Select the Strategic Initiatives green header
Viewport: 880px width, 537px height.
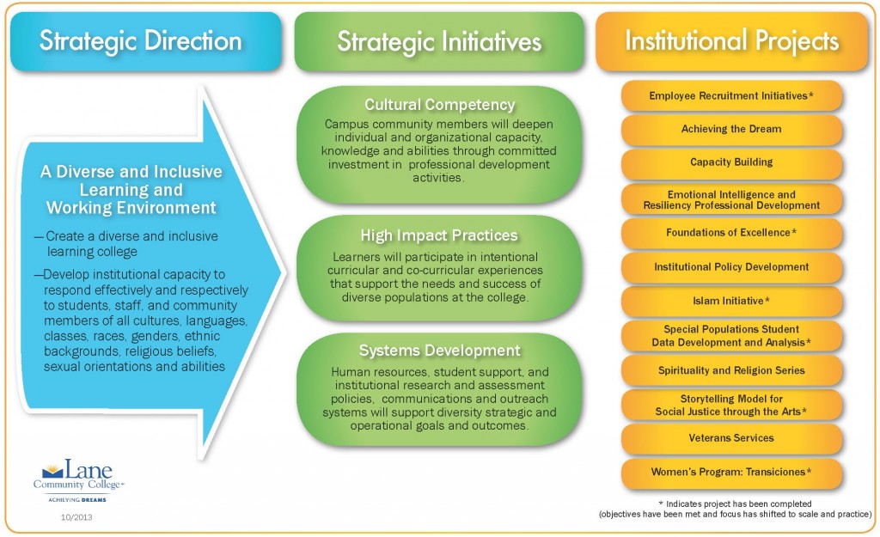439,41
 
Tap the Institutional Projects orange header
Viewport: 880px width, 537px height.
732,41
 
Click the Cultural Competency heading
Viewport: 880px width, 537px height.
439,104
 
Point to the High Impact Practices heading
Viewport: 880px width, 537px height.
439,235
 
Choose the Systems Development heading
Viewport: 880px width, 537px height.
439,351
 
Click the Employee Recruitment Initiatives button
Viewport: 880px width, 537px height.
731,96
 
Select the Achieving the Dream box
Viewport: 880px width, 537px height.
731,129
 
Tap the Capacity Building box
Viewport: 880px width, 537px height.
731,162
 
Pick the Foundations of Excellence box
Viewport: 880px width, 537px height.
731,233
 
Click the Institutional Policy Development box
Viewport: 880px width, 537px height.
731,267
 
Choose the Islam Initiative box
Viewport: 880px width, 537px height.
731,302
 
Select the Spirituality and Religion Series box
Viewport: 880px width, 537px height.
731,370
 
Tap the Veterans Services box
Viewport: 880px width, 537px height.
731,438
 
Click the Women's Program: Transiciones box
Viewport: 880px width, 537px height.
731,473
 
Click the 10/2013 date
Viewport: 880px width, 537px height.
76,517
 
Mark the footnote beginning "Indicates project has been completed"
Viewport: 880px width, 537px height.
736,509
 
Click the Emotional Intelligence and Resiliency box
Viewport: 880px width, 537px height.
731,199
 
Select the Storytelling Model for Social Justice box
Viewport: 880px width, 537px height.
731,406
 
